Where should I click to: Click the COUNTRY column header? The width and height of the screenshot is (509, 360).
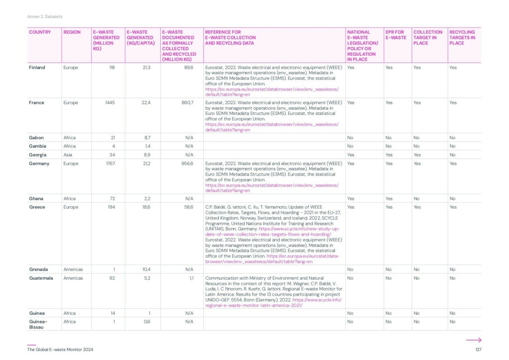tap(40, 32)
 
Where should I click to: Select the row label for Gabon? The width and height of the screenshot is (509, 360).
tap(36, 138)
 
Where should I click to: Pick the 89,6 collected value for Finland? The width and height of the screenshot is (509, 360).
tap(186, 68)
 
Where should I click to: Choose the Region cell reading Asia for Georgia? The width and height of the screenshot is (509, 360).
tap(68, 155)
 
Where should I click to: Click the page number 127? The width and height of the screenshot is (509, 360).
tap(478, 350)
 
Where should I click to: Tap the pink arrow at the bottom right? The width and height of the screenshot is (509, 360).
tap(474, 340)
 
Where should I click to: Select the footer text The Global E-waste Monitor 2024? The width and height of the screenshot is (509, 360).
tap(60, 350)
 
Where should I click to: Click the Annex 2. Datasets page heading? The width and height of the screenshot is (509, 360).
tap(45, 17)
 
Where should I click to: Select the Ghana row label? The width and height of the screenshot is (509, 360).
tap(36, 199)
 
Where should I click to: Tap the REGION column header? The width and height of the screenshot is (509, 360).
tap(72, 32)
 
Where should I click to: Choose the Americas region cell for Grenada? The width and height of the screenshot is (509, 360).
tap(73, 269)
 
